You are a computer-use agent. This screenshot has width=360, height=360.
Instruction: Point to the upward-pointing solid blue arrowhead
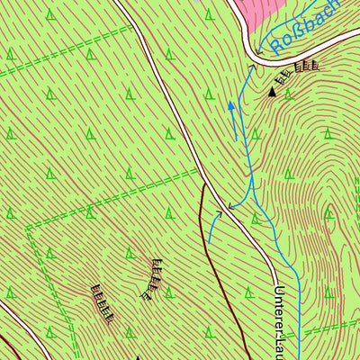coord(230,106)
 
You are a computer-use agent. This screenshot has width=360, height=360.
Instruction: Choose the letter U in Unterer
coord(280,292)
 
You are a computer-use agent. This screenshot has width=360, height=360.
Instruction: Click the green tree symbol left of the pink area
coord(209,14)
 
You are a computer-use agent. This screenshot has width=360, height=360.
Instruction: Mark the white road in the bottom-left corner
coord(7,311)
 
